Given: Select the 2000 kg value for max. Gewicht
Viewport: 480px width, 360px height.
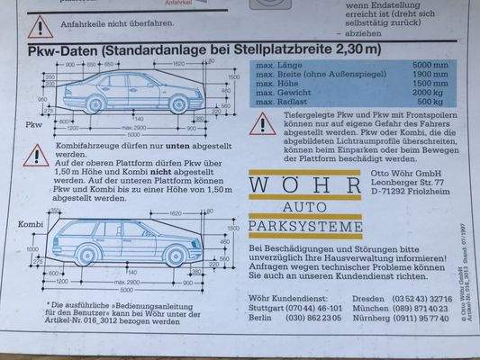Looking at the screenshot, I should click(430, 93).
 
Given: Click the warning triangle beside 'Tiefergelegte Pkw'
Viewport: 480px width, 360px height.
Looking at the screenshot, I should click(262, 124).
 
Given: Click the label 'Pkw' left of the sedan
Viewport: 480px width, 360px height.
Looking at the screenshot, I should click(34, 123).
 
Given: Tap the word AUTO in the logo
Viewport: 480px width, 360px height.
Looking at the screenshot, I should click(303, 208).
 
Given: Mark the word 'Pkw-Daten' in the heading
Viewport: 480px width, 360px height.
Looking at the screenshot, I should click(64, 49).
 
